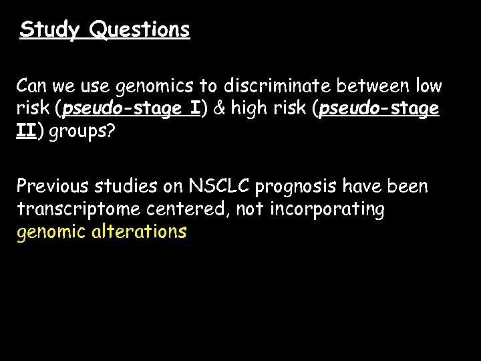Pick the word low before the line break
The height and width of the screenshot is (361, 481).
click(x=428, y=87)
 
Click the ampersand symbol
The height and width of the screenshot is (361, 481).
click(x=220, y=109)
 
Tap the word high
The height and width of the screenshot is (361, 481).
click(x=249, y=109)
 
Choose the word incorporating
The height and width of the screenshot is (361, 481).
click(x=327, y=209)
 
